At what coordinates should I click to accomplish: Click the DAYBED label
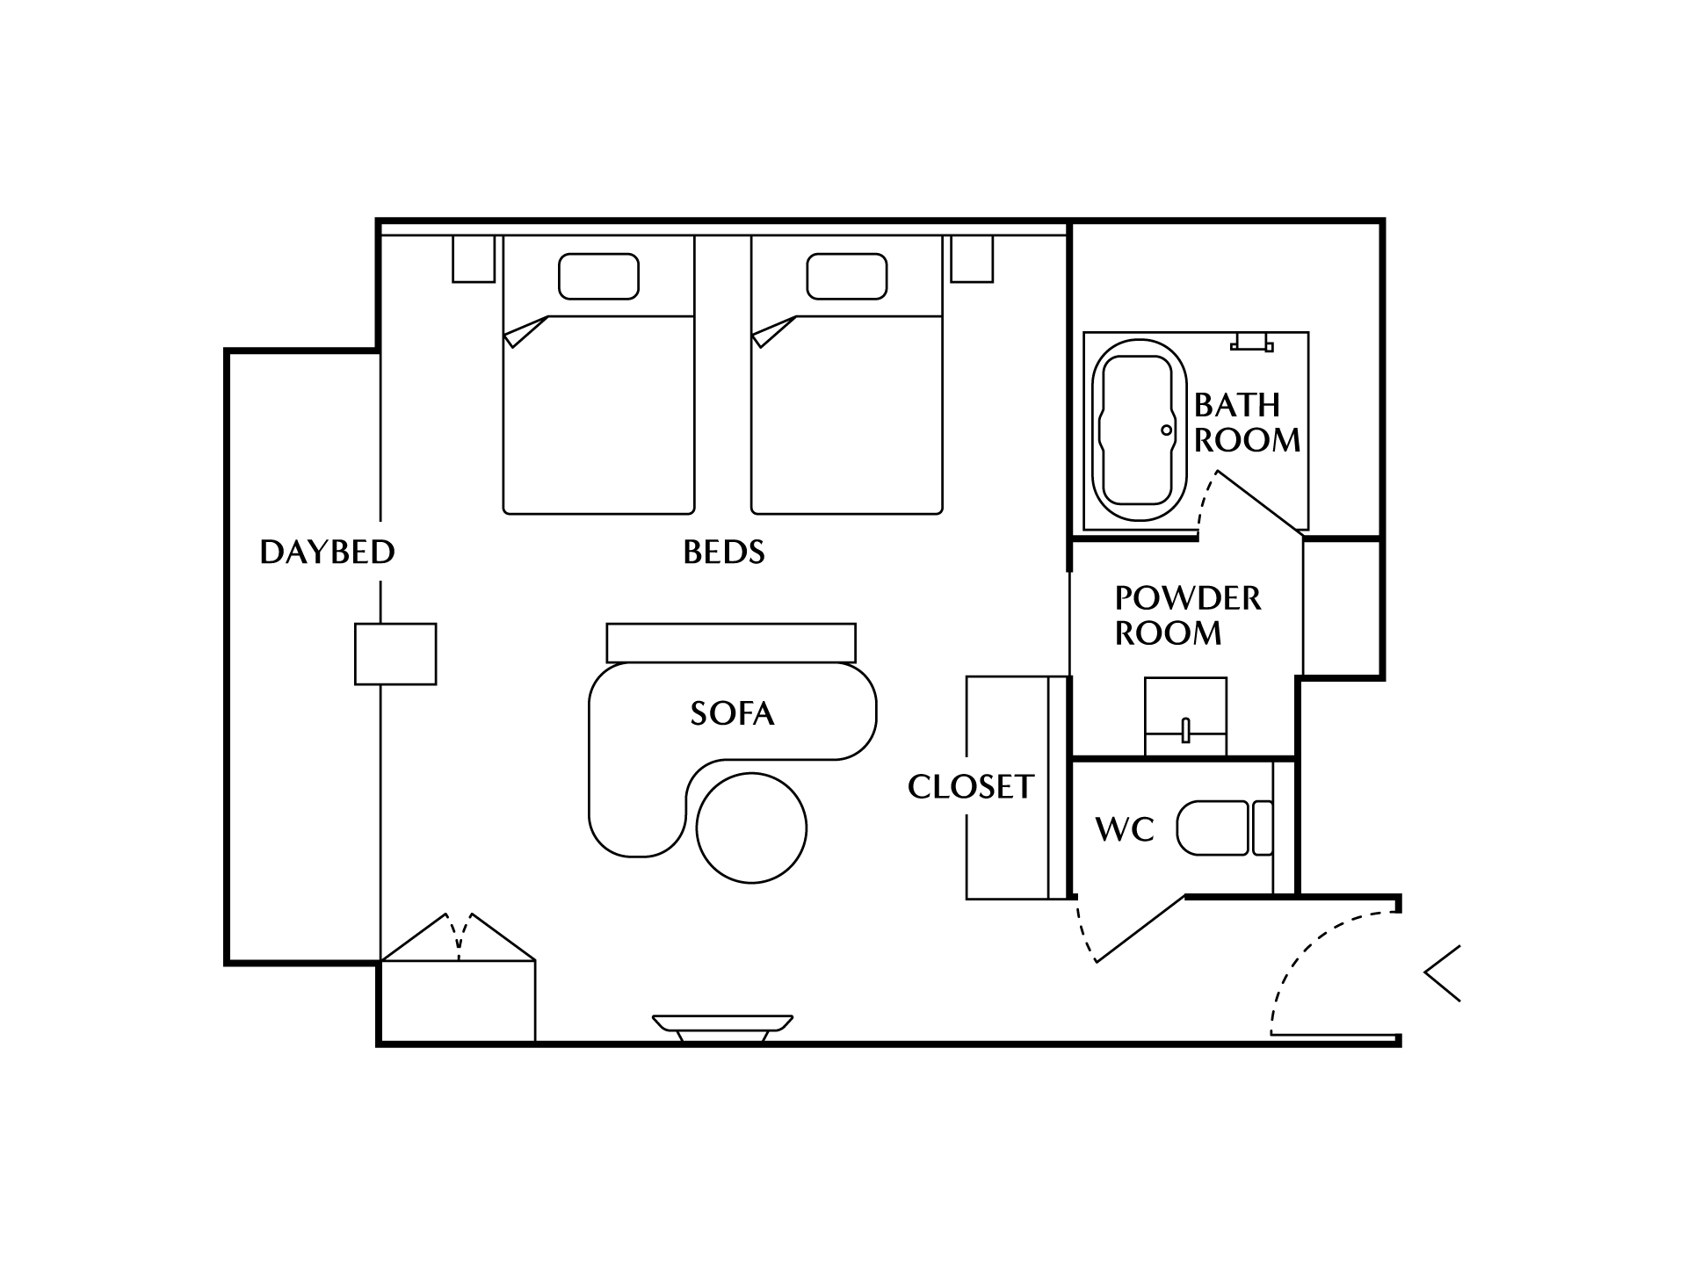pos(327,552)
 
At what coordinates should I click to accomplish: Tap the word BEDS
pos(724,552)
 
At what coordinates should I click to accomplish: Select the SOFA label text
pos(732,713)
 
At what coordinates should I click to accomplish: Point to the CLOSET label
pos(971,786)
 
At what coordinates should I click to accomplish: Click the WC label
pos(1125,828)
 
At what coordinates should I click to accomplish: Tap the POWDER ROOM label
pos(1188,615)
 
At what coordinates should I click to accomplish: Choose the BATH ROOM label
pos(1247,423)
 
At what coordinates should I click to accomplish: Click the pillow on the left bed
pos(598,276)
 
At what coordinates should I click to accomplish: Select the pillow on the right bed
pos(847,276)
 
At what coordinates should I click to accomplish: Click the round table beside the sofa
pos(751,828)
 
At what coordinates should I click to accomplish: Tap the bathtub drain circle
pos(1167,430)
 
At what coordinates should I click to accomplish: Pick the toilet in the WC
pos(1225,828)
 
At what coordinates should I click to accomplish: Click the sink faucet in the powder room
pos(1185,730)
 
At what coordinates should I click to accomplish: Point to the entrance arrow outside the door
pos(1442,973)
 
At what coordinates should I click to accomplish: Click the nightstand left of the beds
pos(474,259)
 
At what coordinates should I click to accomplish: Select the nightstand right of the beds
pos(972,259)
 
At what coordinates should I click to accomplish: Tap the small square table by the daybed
pos(395,654)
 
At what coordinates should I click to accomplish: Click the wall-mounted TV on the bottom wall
pos(723,1028)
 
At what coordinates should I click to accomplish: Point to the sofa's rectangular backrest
pos(731,643)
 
